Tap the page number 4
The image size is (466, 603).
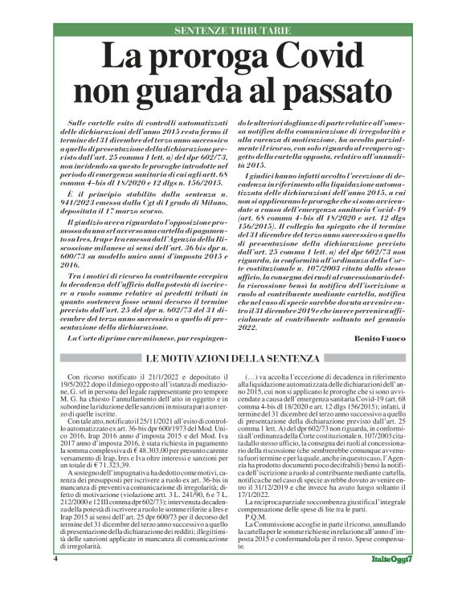(57, 580)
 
